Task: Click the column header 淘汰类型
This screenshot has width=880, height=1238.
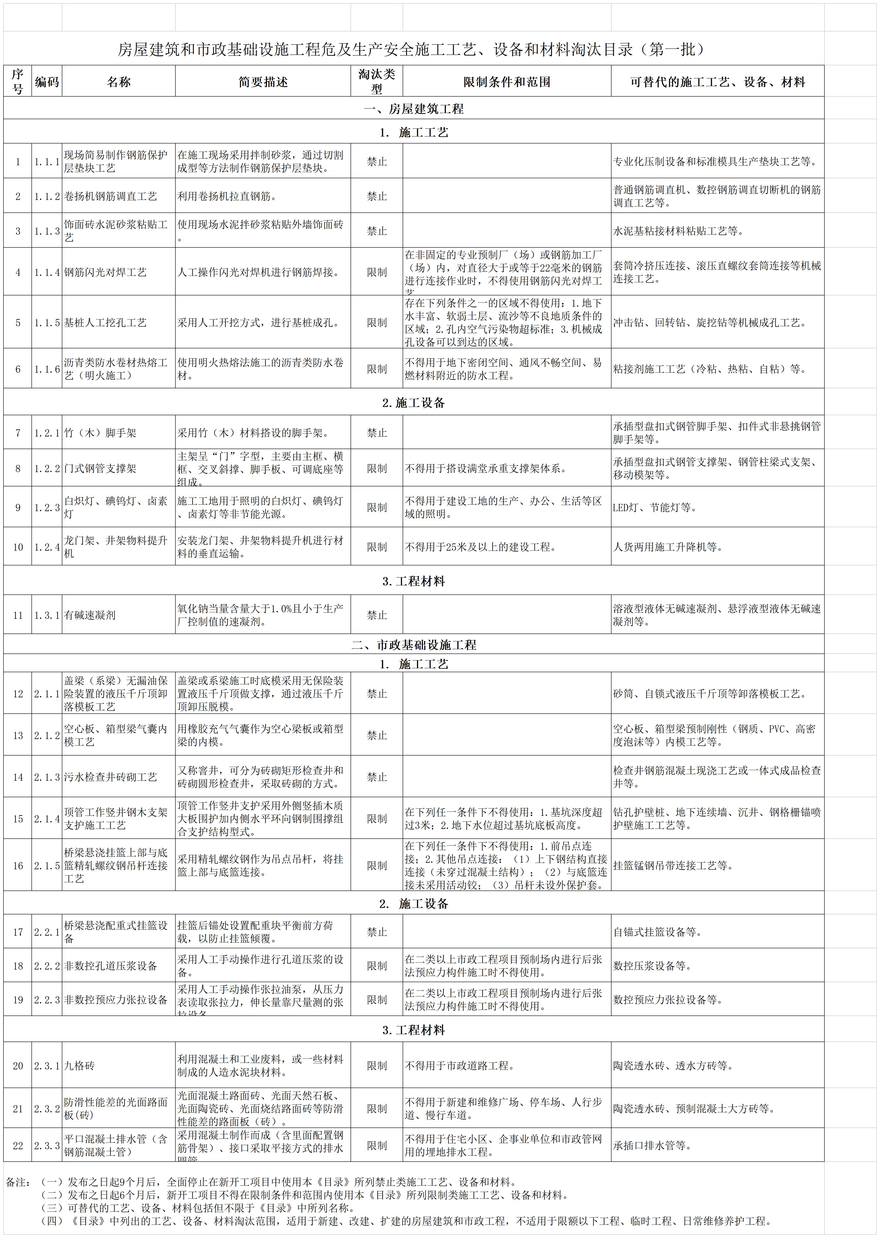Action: [377, 81]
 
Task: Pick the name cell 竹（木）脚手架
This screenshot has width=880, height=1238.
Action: [100, 433]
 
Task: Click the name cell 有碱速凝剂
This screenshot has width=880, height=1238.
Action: [90, 615]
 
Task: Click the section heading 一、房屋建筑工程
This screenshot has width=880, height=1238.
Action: [414, 109]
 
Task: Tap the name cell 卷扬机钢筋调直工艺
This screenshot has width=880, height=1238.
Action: [110, 196]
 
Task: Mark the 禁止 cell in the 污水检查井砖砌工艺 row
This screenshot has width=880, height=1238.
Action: [377, 777]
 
